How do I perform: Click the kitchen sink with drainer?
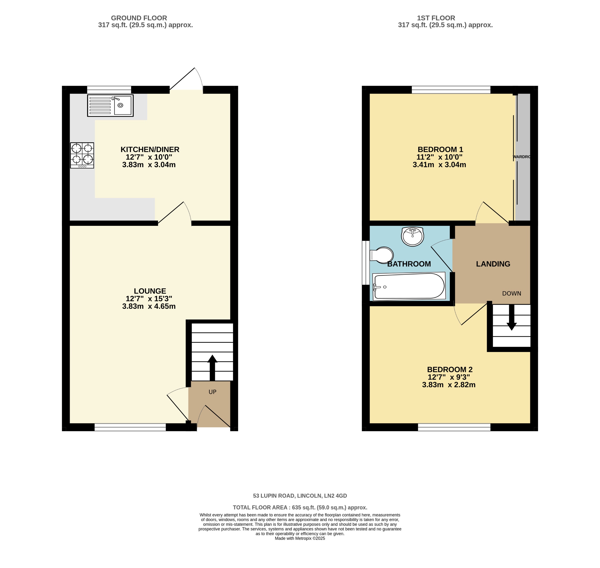coord(110,105)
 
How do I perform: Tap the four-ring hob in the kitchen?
coord(82,155)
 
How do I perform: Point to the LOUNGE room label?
coord(150,291)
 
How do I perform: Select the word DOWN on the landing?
coord(512,293)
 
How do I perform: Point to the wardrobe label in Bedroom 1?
coord(522,157)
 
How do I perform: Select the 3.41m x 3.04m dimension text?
coord(439,165)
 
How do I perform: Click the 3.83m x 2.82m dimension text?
coord(448,385)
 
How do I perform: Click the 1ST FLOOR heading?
coord(436,18)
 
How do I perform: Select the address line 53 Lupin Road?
coord(300,496)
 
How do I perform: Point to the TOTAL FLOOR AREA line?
coord(300,507)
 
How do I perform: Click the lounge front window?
coord(130,427)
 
